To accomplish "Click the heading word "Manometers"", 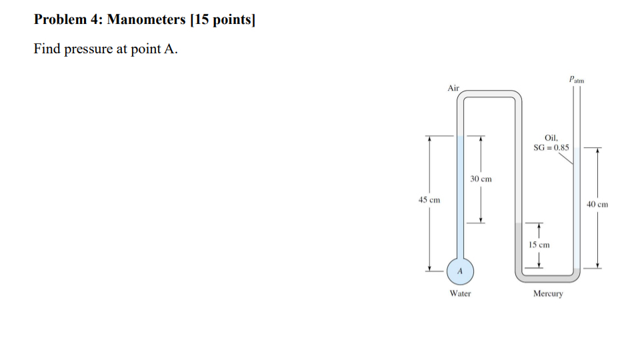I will pyautogui.click(x=146, y=19).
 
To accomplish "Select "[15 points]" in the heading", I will pyautogui.click(x=223, y=19).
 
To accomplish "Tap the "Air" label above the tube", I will pyautogui.click(x=454, y=88).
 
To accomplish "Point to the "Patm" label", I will pyautogui.click(x=576, y=79).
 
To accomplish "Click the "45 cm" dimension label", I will pyautogui.click(x=429, y=200).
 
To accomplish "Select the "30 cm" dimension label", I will pyautogui.click(x=481, y=179).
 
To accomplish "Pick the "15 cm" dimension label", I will pyautogui.click(x=539, y=245).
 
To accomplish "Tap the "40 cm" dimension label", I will pyautogui.click(x=597, y=204).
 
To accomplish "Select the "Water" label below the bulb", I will pyautogui.click(x=460, y=293).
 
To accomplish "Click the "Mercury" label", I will pyautogui.click(x=548, y=293).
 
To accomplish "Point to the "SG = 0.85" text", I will pyautogui.click(x=551, y=147).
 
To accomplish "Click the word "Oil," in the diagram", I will pyautogui.click(x=551, y=137).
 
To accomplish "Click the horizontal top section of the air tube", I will pyautogui.click(x=490, y=95).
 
